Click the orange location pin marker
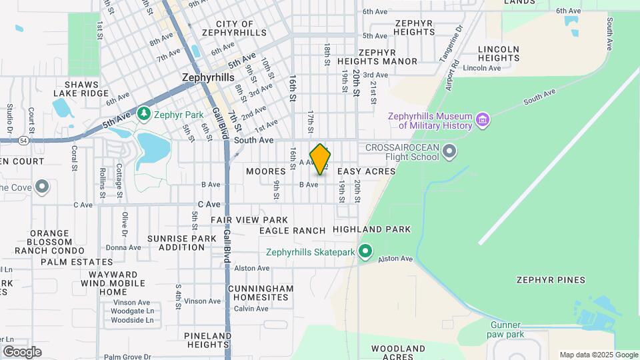pos(321,159)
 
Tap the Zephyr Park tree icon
pos(143,114)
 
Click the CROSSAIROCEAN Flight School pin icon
pos(449,151)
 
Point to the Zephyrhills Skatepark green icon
pos(365,252)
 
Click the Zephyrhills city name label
pos(208,77)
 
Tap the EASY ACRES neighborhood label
pos(366,171)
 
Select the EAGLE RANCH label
pos(292,231)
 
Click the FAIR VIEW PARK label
pos(249,220)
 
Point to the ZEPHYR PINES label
pos(551,280)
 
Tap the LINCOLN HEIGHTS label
pos(499,53)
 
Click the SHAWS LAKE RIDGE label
pos(81,89)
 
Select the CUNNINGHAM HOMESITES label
pos(260,293)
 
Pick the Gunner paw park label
pos(505,329)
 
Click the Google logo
pos(22,352)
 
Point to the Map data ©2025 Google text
pos(599,355)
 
